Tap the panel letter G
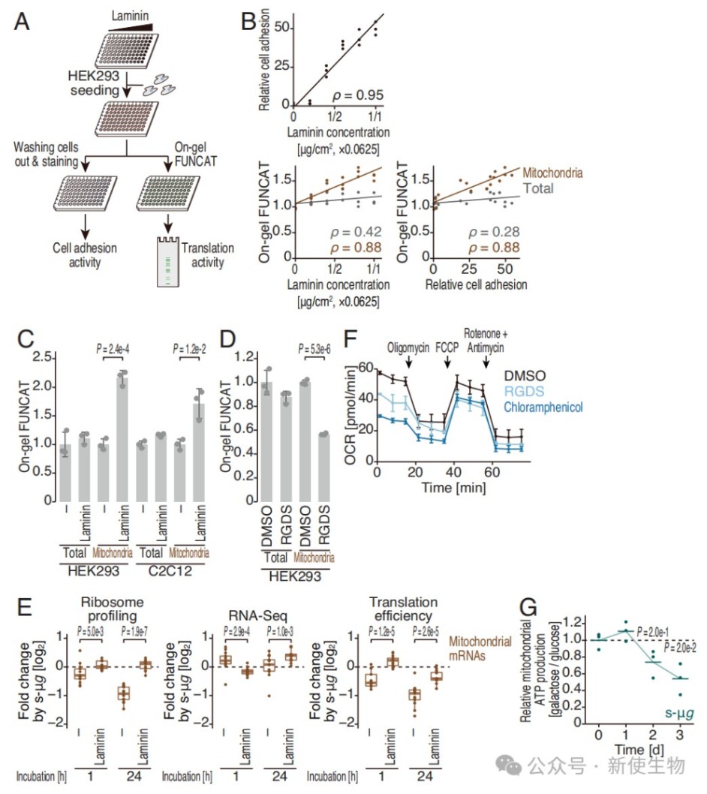[528, 606]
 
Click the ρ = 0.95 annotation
[357, 95]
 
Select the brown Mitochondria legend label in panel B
[552, 173]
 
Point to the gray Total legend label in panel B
[538, 188]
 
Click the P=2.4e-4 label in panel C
[113, 349]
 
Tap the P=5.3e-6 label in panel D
[314, 349]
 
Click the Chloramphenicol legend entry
[543, 407]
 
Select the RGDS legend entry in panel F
[524, 392]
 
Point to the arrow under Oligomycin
[408, 362]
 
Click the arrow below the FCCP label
[447, 362]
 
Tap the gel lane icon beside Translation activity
[167, 261]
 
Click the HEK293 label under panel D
[295, 576]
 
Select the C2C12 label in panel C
[170, 570]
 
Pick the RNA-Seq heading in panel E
[257, 615]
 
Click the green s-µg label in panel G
[679, 714]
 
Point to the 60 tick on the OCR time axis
[492, 473]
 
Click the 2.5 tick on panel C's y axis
[42, 357]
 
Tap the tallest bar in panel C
[122, 439]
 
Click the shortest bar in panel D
[323, 468]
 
